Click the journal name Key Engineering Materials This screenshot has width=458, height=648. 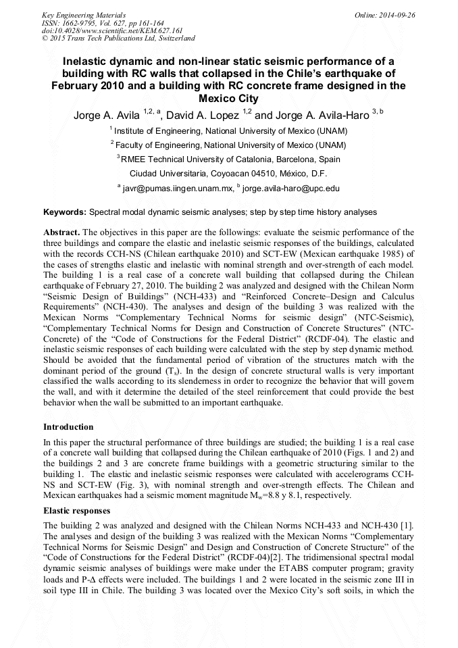[x=83, y=14]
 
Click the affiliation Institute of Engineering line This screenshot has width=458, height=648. [x=230, y=130]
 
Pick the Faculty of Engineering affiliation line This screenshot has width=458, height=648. [x=230, y=145]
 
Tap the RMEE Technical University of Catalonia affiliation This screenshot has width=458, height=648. [x=230, y=159]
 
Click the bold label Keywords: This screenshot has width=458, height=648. [x=65, y=212]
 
